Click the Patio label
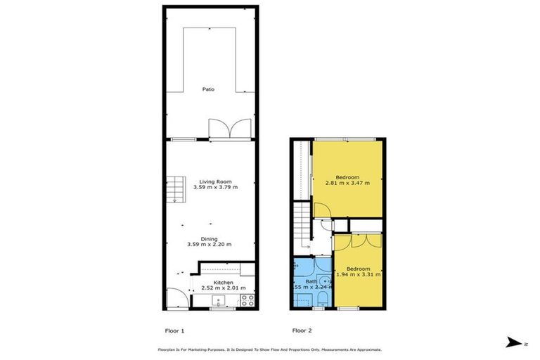pos(209,89)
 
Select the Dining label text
pos(209,238)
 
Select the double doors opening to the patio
pos(229,129)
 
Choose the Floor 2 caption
pos(303,329)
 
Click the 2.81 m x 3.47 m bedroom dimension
pos(347,183)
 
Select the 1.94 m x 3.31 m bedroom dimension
pos(358,274)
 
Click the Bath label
pos(311,281)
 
